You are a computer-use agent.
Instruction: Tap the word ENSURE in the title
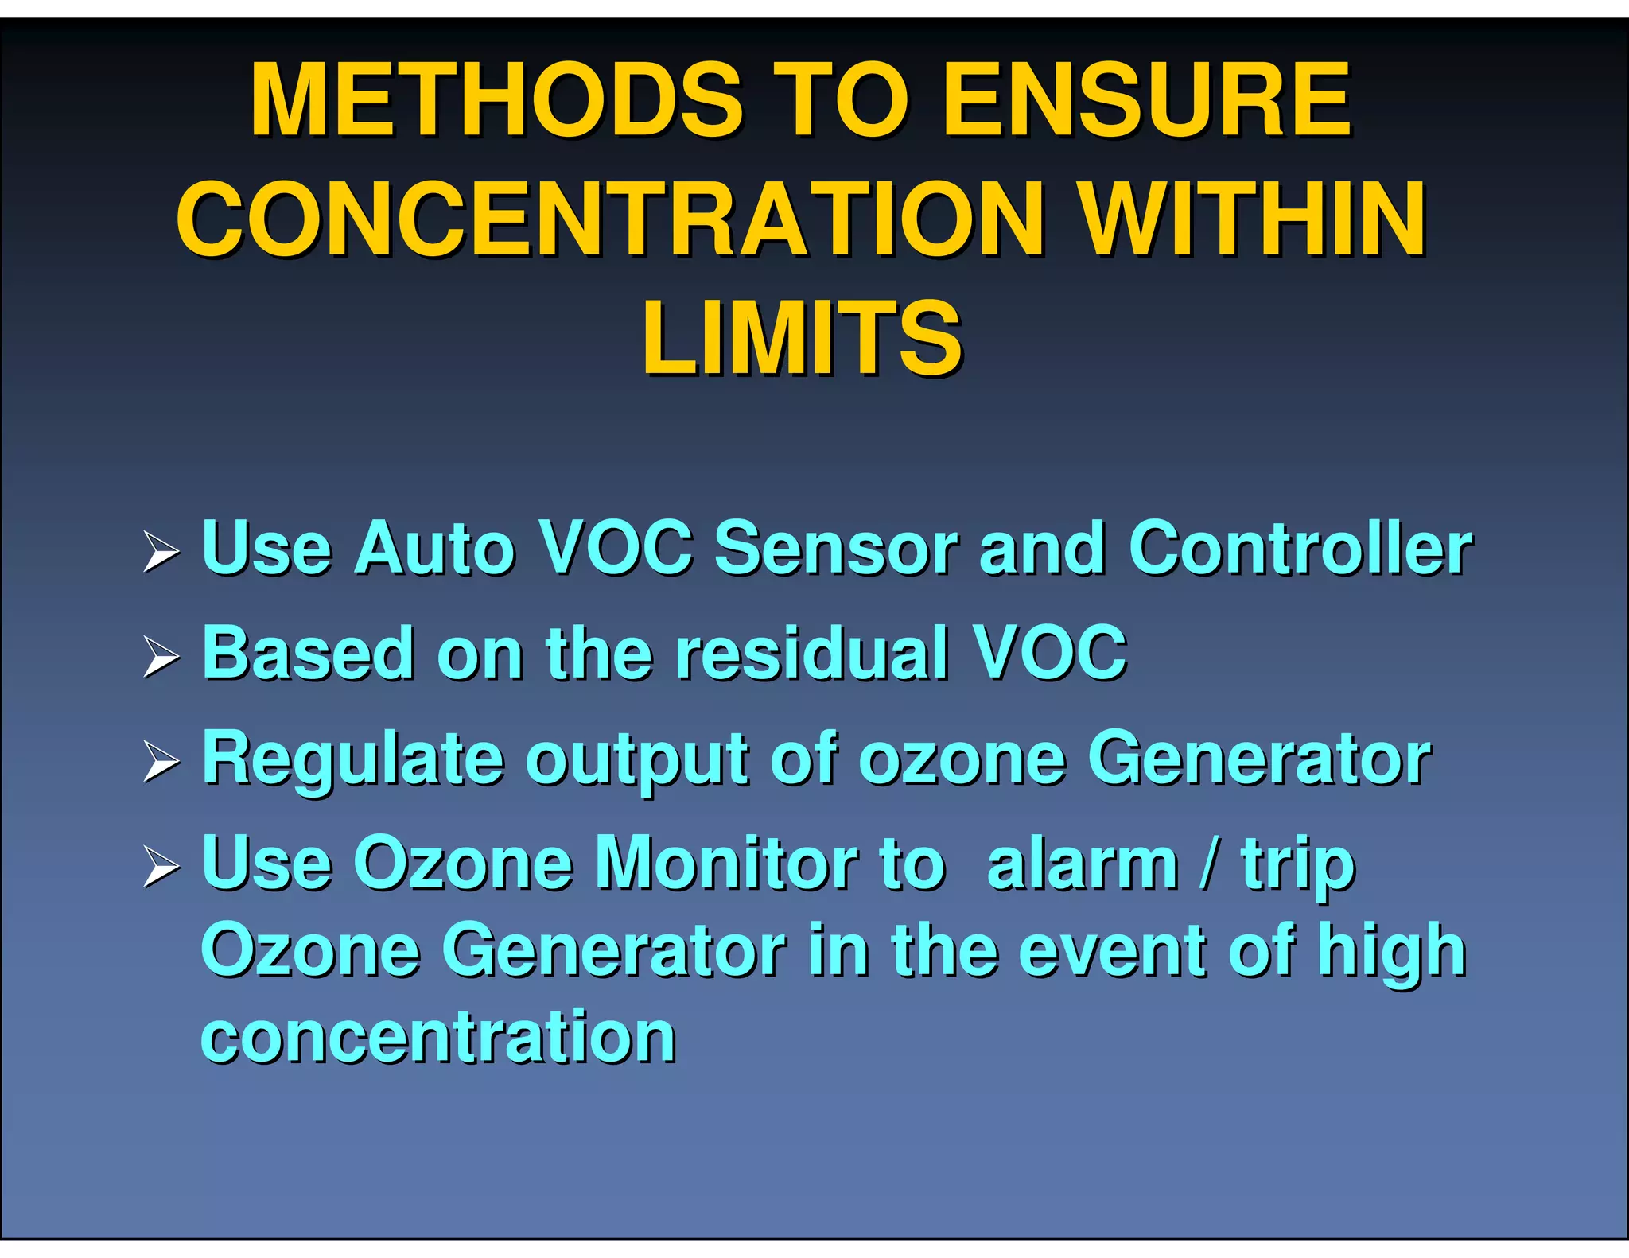point(1145,101)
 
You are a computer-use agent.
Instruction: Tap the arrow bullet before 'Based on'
point(161,658)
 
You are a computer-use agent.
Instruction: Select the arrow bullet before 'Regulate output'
point(161,763)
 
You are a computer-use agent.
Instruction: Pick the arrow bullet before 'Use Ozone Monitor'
point(161,868)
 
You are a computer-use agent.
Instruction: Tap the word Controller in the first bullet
point(1300,549)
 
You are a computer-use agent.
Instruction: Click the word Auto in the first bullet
point(435,549)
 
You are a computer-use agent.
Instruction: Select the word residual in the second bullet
point(812,654)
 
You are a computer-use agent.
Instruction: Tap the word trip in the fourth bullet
point(1298,867)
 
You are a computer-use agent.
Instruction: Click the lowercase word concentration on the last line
point(438,1038)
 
